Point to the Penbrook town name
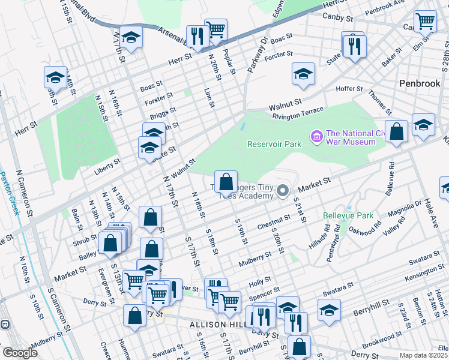[x=420, y=83]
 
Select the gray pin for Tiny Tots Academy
[x=283, y=192]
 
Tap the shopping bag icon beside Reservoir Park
[x=225, y=181]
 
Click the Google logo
[x=20, y=352]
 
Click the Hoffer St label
[x=349, y=89]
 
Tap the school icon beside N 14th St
[x=55, y=77]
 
